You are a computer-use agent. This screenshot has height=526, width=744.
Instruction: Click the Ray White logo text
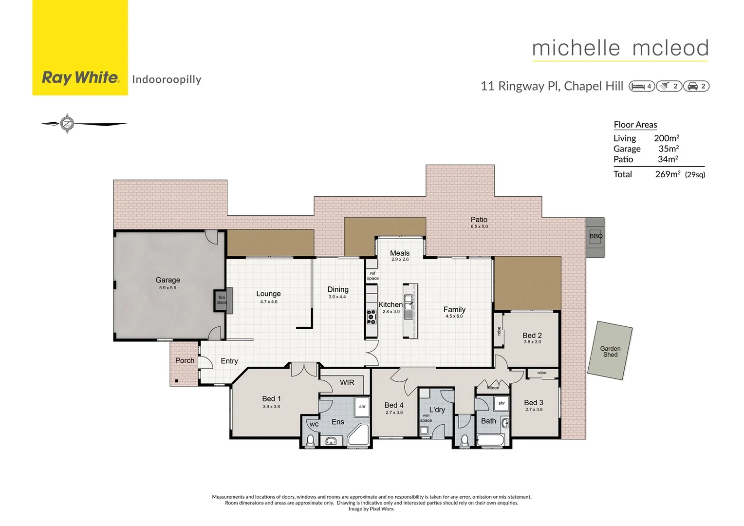point(80,77)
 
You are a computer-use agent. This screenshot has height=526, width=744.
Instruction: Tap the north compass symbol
point(67,124)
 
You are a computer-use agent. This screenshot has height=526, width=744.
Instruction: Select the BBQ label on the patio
point(595,236)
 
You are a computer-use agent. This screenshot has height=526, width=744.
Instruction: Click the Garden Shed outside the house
point(610,351)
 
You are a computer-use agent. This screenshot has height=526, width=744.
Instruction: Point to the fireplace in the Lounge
point(223,300)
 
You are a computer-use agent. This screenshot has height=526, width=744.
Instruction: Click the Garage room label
point(167,280)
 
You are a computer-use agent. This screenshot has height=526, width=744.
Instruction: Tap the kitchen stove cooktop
point(372,317)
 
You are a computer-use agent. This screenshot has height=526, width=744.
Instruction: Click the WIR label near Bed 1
point(347,383)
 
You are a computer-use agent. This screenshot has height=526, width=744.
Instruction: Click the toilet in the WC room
point(310,440)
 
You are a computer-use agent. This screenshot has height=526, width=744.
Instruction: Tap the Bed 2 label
point(532,336)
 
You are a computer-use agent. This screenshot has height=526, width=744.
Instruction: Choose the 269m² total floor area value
point(667,174)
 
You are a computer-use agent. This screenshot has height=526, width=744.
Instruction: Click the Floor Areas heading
point(635,125)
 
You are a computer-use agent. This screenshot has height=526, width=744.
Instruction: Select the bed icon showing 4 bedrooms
point(641,86)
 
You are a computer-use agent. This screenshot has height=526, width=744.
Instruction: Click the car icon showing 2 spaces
point(696,86)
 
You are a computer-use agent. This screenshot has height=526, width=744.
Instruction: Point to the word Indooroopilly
point(167,79)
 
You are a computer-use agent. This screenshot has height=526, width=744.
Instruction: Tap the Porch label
point(185,360)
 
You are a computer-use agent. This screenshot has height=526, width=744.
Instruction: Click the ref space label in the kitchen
point(372,276)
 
